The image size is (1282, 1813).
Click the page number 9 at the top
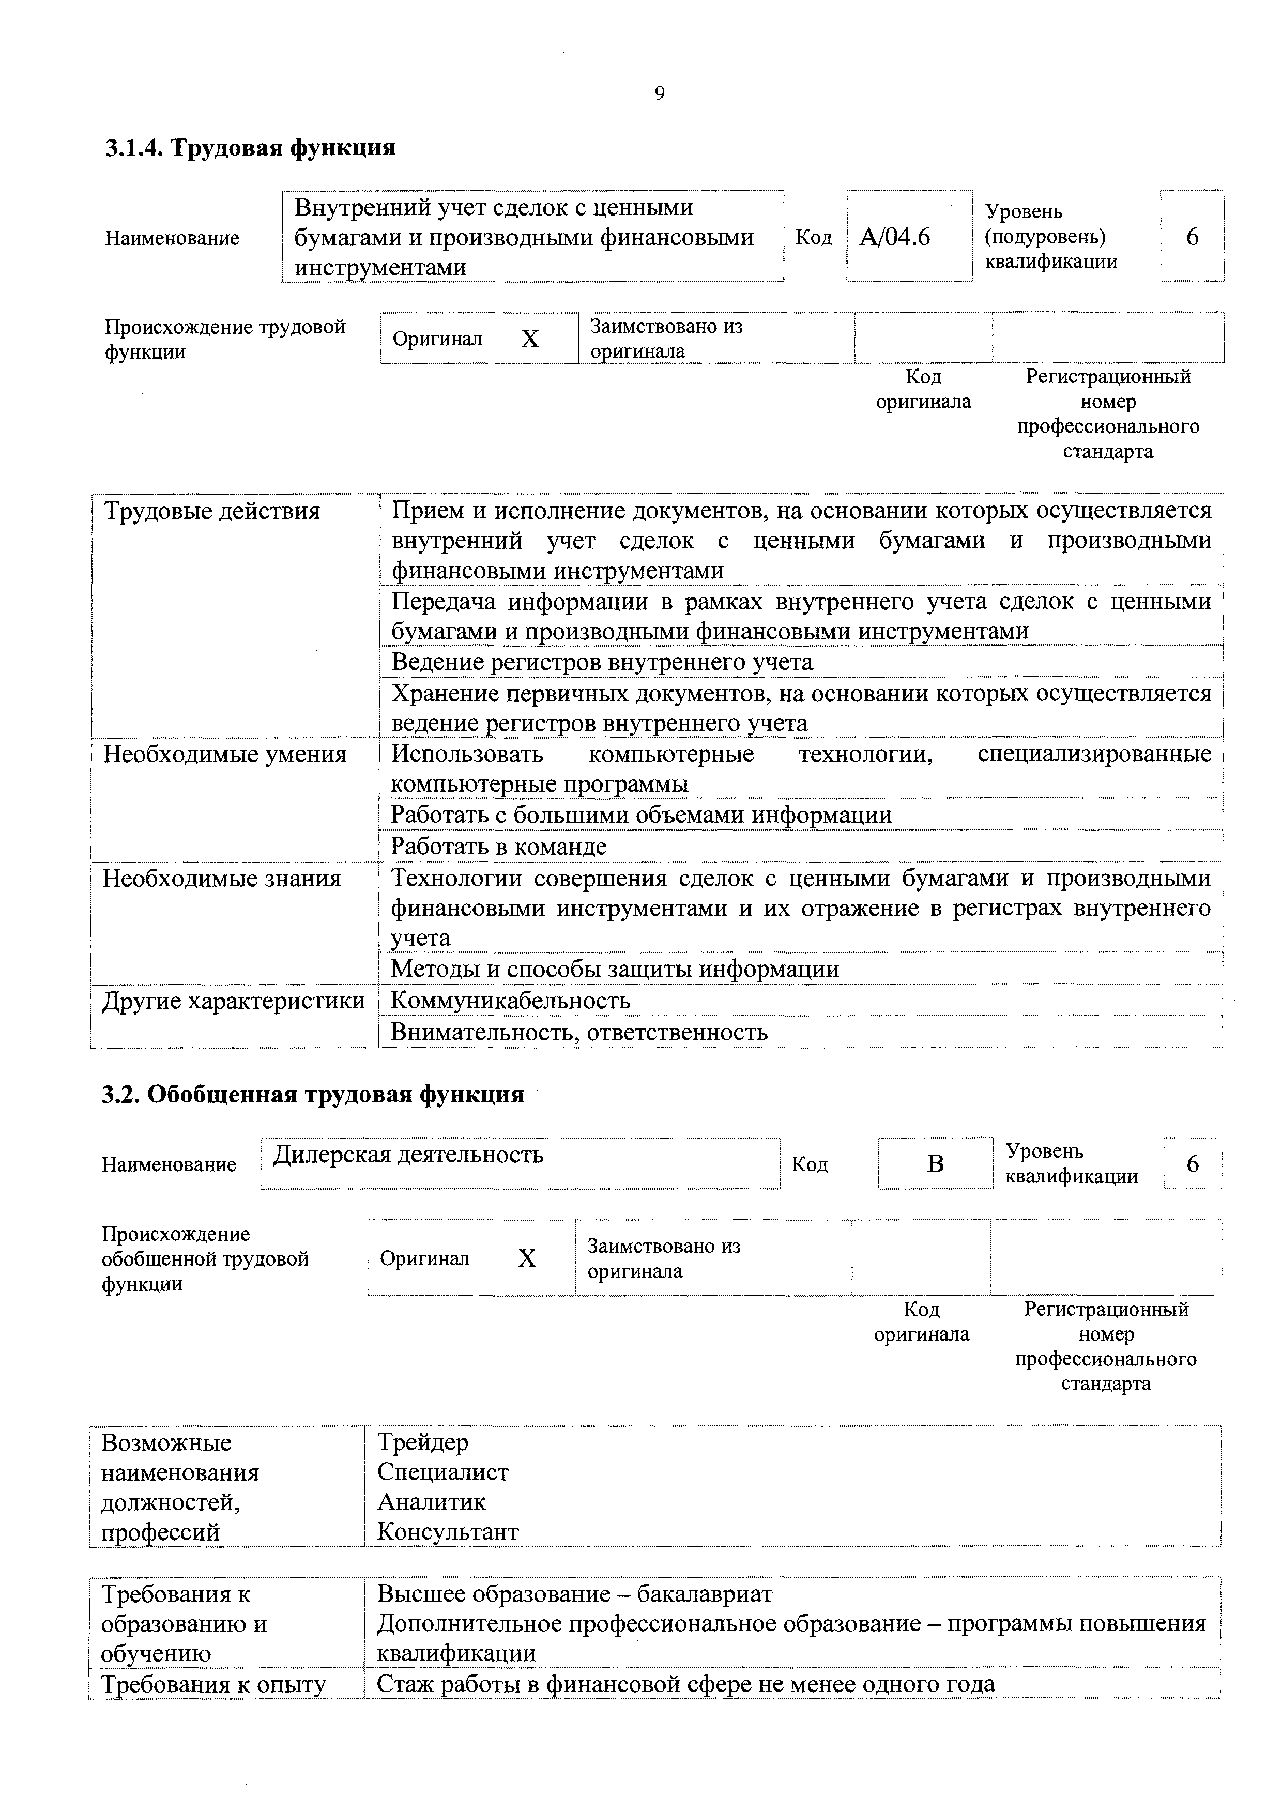(660, 94)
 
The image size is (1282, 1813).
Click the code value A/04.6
(894, 237)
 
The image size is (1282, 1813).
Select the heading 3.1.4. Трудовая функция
(250, 148)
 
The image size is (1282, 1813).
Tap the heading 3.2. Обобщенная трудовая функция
(313, 1095)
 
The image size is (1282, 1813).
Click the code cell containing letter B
(935, 1163)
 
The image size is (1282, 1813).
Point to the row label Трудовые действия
(212, 512)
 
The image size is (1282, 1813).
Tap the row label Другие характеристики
(234, 1001)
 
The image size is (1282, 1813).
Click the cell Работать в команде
(499, 847)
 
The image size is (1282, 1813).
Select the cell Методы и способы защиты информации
(615, 969)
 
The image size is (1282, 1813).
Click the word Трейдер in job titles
(422, 1442)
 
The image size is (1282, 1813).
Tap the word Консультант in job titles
(448, 1532)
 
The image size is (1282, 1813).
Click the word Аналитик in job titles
(431, 1502)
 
